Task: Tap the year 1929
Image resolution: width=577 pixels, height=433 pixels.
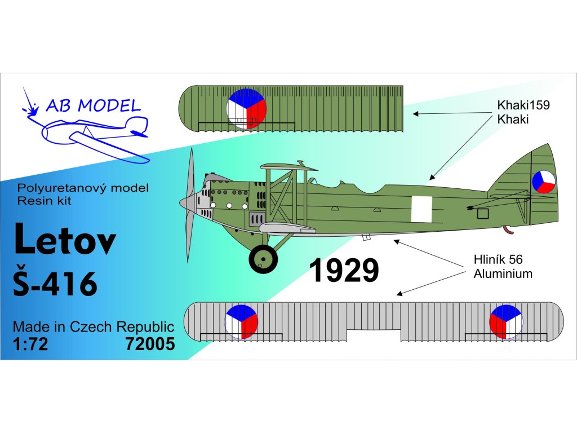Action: pyautogui.click(x=344, y=271)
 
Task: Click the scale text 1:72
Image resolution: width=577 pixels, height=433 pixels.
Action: pyautogui.click(x=30, y=344)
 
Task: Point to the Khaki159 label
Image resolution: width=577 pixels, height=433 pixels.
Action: pyautogui.click(x=523, y=105)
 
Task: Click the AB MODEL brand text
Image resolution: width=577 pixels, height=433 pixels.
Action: pyautogui.click(x=93, y=105)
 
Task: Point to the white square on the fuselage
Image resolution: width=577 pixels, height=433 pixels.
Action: pyautogui.click(x=421, y=209)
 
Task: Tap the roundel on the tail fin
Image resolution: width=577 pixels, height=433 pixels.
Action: pyautogui.click(x=543, y=182)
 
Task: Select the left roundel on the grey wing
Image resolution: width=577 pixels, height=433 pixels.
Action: pyautogui.click(x=241, y=321)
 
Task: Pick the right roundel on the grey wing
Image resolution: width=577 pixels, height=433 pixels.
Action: pyautogui.click(x=506, y=321)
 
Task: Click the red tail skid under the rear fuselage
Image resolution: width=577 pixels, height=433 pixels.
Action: pyautogui.click(x=508, y=229)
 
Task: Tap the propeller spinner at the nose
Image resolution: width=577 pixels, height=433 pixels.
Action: pyautogui.click(x=185, y=201)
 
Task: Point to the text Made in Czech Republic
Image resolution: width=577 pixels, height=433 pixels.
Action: pyautogui.click(x=93, y=327)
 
